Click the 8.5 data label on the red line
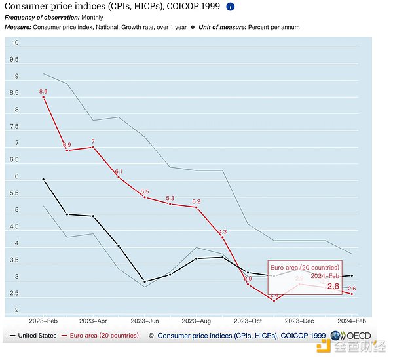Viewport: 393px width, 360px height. click(x=43, y=91)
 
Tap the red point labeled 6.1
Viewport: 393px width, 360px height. click(x=119, y=178)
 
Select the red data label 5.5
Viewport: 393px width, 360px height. click(x=144, y=191)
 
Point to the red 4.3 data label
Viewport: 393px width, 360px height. click(x=222, y=231)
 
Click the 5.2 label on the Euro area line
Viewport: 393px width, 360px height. click(x=196, y=201)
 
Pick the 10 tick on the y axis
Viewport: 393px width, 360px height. click(x=16, y=43)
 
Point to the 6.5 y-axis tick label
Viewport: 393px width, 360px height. click(x=16, y=161)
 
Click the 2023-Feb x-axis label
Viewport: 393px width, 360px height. click(x=43, y=322)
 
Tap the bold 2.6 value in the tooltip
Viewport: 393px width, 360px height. click(x=333, y=287)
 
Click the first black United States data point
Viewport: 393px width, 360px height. click(x=43, y=179)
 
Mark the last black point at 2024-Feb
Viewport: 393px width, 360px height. click(x=352, y=275)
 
